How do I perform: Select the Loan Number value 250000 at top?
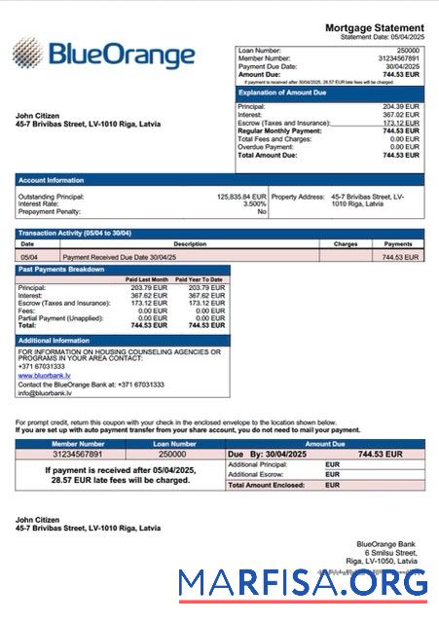click(408, 49)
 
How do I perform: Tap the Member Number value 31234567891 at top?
click(399, 57)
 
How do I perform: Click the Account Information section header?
click(51, 179)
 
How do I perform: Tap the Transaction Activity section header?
click(75, 234)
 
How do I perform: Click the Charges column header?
click(346, 244)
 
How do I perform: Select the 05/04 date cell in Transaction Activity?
click(29, 257)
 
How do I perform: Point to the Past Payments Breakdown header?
click(60, 269)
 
